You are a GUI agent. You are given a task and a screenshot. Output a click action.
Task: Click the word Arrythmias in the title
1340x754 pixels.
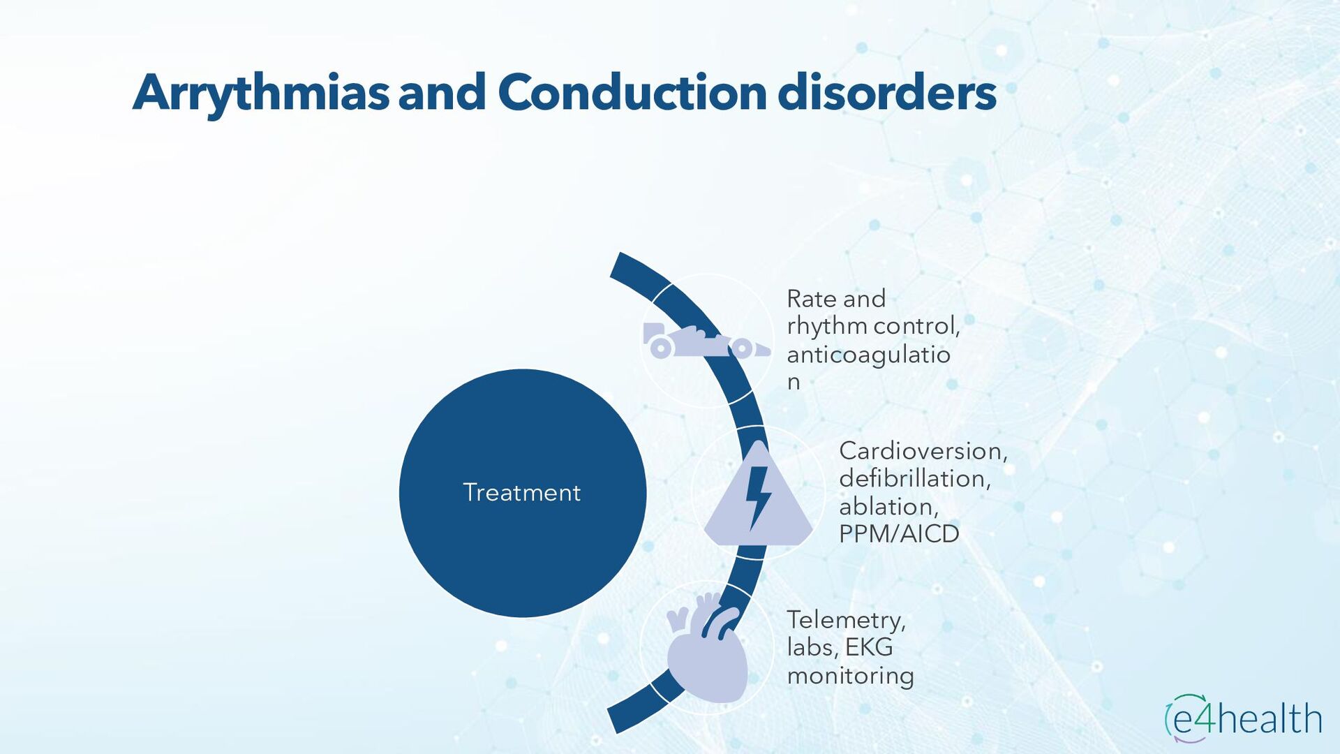click(x=260, y=93)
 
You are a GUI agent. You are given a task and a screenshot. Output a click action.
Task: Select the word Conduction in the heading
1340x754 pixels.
click(x=632, y=93)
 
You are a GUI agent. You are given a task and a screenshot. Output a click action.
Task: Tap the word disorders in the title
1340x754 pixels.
click(x=886, y=93)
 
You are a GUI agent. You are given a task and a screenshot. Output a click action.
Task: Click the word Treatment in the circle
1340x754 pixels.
click(x=521, y=493)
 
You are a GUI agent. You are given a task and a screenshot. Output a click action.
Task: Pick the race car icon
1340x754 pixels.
click(x=705, y=342)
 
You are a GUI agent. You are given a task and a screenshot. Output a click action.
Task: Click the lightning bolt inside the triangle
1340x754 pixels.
click(x=757, y=496)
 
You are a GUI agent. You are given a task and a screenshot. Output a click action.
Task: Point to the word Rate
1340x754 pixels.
click(x=812, y=299)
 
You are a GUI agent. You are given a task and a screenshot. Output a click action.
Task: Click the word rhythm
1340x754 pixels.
click(x=827, y=327)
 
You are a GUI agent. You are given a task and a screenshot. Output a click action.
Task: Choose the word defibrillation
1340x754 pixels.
click(x=914, y=479)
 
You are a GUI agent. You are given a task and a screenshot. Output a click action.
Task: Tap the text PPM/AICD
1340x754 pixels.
click(x=899, y=534)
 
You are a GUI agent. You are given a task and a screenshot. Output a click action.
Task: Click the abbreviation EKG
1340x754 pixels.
click(x=869, y=647)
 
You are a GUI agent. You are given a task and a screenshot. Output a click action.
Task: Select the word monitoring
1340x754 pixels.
click(x=850, y=676)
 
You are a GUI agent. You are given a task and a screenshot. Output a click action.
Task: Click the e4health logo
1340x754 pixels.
click(x=1244, y=718)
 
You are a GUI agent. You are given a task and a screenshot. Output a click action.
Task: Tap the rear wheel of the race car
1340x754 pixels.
click(x=660, y=347)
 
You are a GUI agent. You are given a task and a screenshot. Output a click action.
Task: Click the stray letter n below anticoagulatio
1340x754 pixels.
click(x=794, y=383)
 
